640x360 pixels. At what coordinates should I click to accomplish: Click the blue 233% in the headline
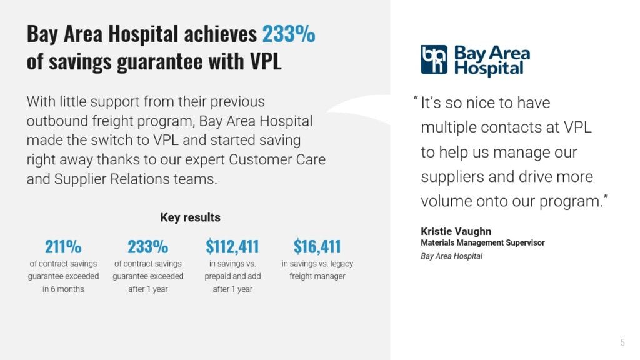(289, 34)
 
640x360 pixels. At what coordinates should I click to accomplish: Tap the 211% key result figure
(63, 246)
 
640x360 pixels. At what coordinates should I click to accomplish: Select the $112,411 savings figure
(232, 246)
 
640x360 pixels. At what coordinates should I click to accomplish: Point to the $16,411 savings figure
(317, 246)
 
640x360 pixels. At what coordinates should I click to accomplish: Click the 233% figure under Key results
(147, 246)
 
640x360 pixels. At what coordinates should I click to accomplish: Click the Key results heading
(190, 217)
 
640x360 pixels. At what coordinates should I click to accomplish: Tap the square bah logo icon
(434, 59)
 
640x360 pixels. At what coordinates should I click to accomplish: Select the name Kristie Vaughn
(456, 231)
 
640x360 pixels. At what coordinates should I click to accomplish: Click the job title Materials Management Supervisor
(482, 242)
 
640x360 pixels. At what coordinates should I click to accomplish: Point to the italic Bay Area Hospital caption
(451, 256)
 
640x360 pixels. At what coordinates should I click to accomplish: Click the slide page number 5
(622, 342)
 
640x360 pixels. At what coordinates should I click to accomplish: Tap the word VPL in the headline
(266, 61)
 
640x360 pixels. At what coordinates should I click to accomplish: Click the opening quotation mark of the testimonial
(416, 99)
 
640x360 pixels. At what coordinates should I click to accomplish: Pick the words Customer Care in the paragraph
(277, 159)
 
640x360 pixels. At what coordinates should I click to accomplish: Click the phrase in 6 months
(63, 289)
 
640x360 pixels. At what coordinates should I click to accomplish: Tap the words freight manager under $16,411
(317, 276)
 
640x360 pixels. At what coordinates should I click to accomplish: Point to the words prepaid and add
(232, 276)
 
